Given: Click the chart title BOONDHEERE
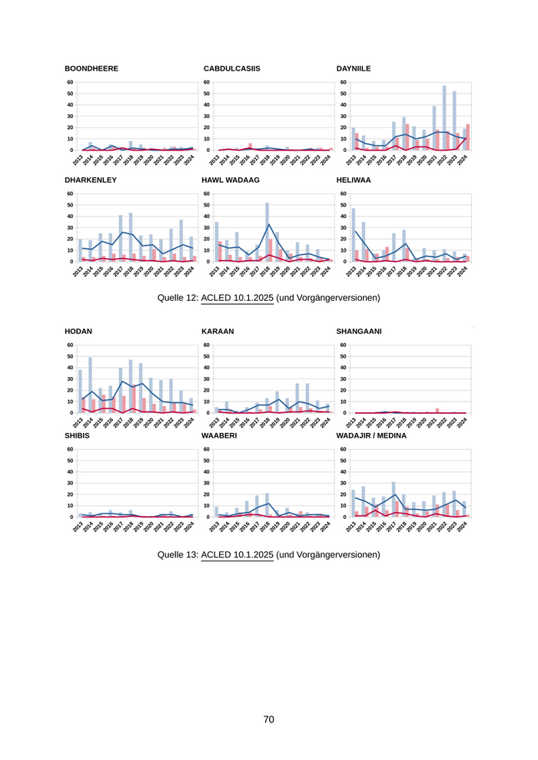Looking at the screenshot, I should click(x=91, y=68).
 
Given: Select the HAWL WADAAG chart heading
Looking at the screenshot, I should click(x=231, y=180).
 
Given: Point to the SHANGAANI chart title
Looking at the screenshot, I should click(x=359, y=331).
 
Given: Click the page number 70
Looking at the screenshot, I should click(x=269, y=719).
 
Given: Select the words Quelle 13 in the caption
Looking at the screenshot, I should click(x=177, y=553).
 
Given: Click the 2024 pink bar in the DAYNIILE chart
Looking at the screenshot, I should click(x=467, y=137).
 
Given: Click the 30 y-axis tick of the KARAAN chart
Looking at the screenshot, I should click(x=206, y=379).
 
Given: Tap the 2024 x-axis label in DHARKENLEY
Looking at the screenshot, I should click(x=188, y=272).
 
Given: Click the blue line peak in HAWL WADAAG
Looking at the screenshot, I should click(x=267, y=225).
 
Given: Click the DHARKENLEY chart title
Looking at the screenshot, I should click(x=91, y=180).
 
